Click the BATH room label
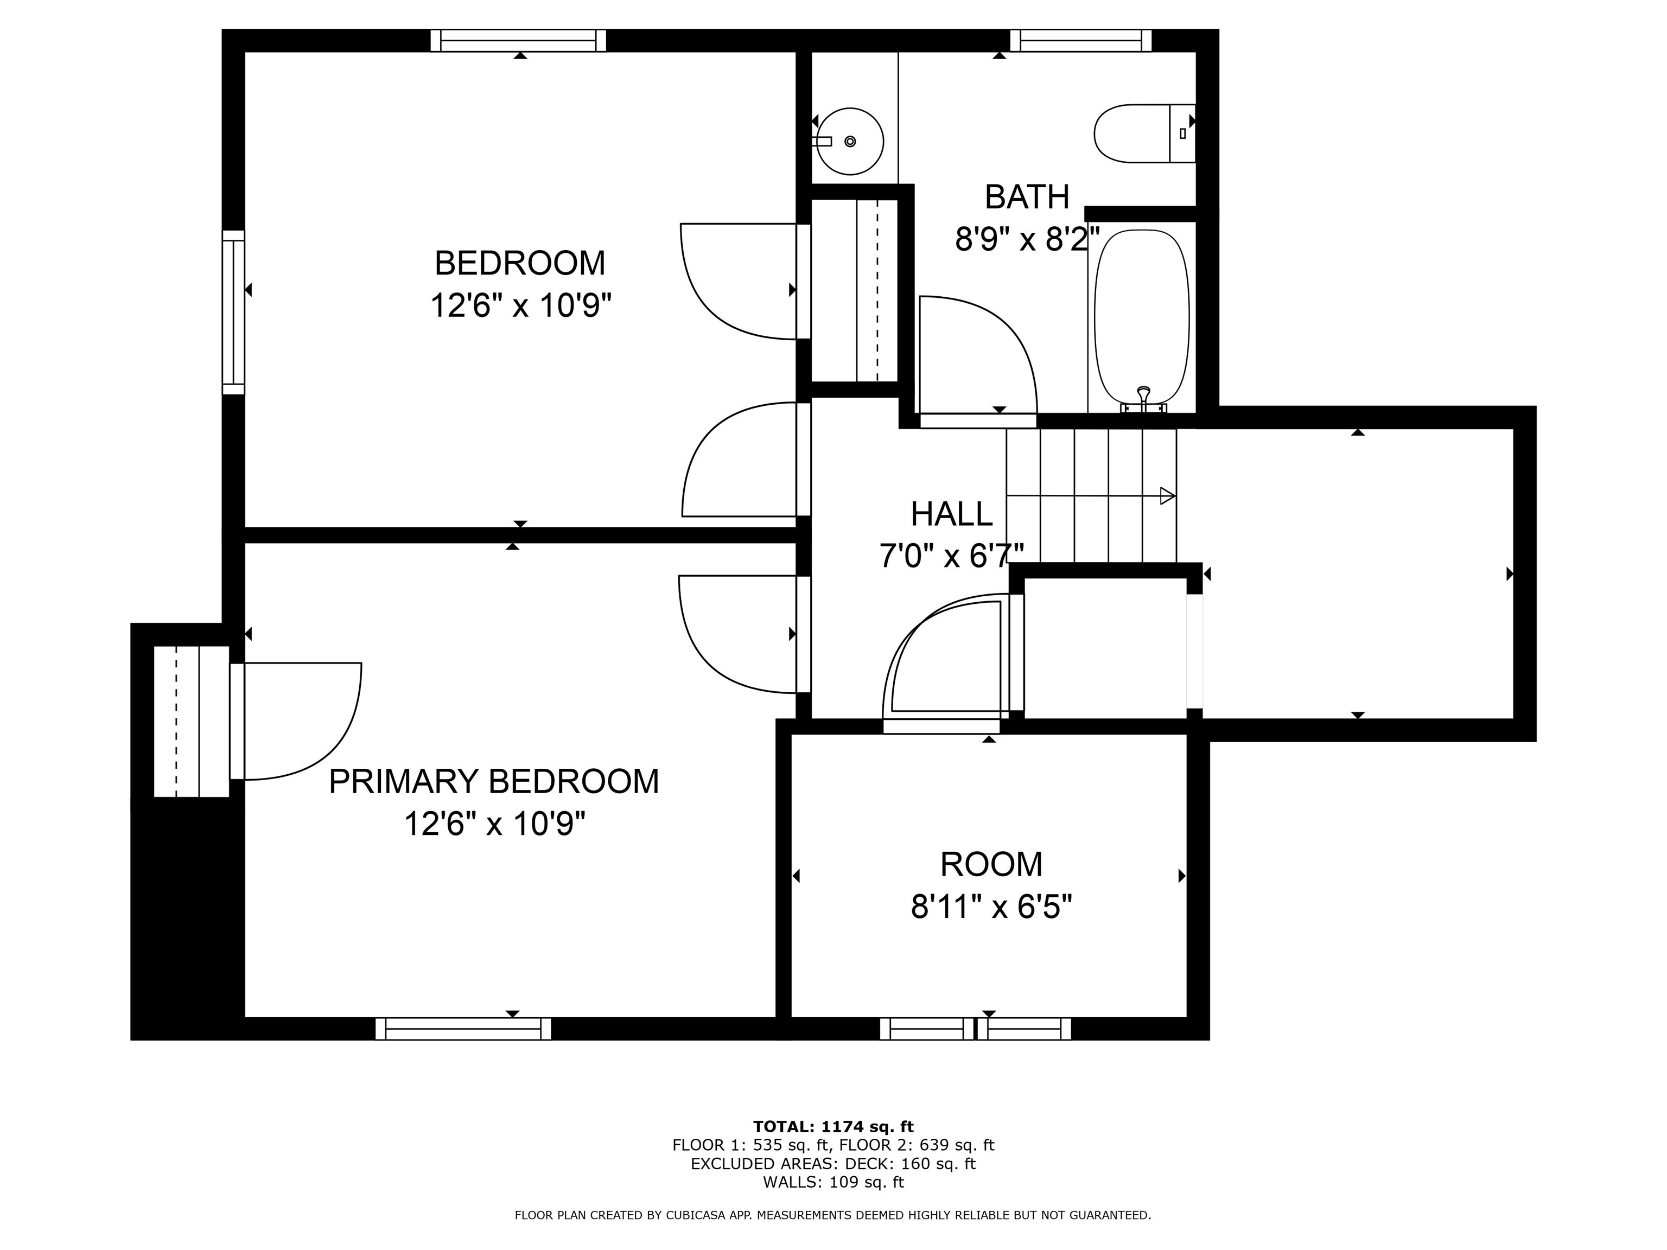1027,197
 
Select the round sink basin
850,141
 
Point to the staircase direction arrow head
1167,496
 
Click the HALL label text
951,515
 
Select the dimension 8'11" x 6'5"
991,907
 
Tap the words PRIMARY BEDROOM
494,781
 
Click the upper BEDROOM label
520,263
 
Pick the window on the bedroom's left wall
234,312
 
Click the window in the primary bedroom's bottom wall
463,1029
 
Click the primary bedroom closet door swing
316,723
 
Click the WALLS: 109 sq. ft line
833,1182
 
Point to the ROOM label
991,864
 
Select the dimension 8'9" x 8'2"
1027,240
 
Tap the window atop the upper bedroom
518,41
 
